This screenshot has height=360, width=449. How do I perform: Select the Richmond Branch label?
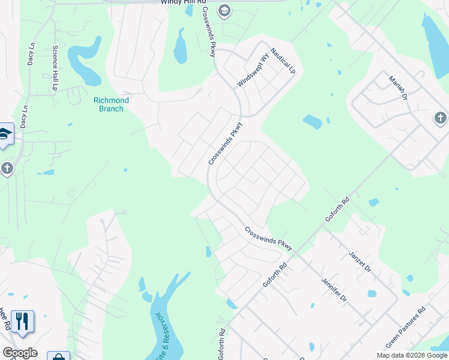(109, 104)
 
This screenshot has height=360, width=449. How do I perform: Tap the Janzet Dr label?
(361, 262)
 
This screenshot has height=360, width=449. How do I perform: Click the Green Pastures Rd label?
(406, 327)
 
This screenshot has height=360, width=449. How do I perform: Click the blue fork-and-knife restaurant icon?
(22, 322)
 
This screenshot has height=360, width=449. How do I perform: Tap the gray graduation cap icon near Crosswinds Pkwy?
(224, 10)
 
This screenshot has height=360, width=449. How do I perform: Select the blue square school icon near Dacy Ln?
(5, 136)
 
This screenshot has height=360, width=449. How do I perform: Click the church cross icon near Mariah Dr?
(441, 119)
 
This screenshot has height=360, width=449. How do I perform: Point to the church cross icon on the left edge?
(7, 169)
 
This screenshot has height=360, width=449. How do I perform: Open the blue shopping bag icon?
(59, 356)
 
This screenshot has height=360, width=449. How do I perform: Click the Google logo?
(20, 353)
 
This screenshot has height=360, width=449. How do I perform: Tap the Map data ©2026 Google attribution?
(412, 355)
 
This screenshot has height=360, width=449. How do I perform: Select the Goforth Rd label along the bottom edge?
(221, 344)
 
